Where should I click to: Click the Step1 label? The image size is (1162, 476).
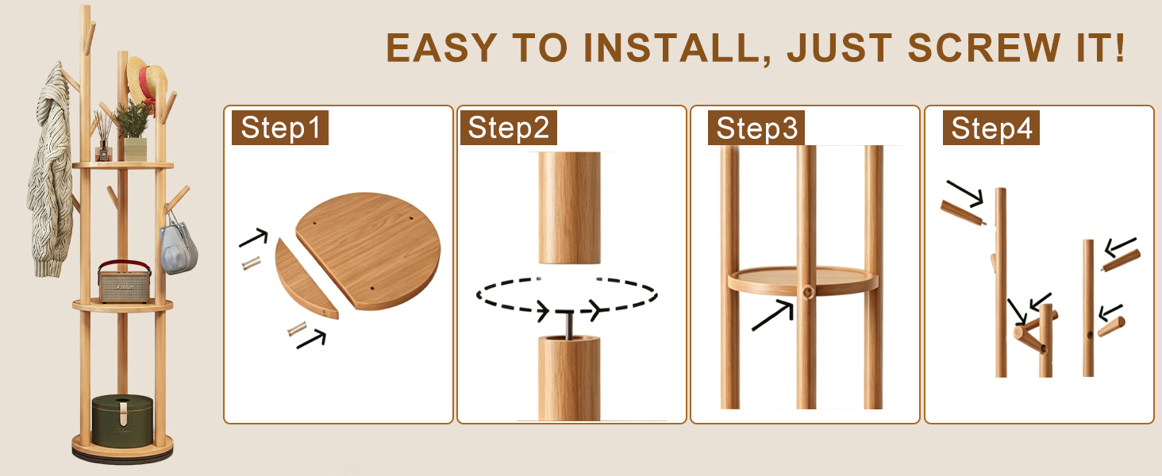280,128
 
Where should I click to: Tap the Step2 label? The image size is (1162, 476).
508,128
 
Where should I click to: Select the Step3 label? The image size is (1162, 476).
756,128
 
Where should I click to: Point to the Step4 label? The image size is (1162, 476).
991,128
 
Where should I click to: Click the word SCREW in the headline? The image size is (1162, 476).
984,48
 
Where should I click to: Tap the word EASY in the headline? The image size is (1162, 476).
441,48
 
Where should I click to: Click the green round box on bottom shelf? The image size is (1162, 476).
122,420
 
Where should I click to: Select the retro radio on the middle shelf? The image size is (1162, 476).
125,282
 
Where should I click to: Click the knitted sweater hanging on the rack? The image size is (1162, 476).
51,171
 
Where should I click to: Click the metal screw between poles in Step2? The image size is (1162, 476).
570,324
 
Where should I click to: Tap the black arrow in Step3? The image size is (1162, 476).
773,315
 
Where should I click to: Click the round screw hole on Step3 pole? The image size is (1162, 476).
808,293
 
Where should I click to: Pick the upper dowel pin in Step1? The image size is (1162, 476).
251,263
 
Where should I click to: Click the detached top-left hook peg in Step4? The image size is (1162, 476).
964,213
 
